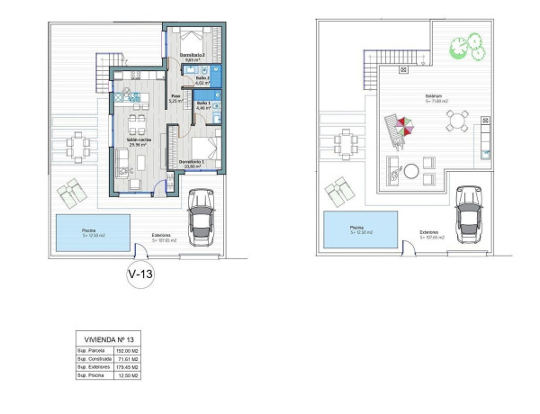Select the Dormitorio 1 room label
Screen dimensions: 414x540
195,163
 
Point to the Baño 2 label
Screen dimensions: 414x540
203,80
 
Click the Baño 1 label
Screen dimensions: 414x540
203,106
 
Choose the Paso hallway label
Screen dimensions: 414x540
177,98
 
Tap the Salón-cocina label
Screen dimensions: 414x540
139,142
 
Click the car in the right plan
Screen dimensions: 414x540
468,213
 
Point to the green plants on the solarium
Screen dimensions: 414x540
467,45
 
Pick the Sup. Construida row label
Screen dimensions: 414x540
93,358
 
